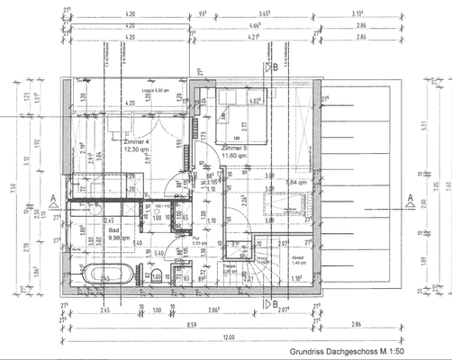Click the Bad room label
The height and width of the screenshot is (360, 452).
click(114, 229)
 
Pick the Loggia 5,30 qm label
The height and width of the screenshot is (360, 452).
click(159, 91)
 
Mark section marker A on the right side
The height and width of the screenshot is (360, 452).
click(410, 197)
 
